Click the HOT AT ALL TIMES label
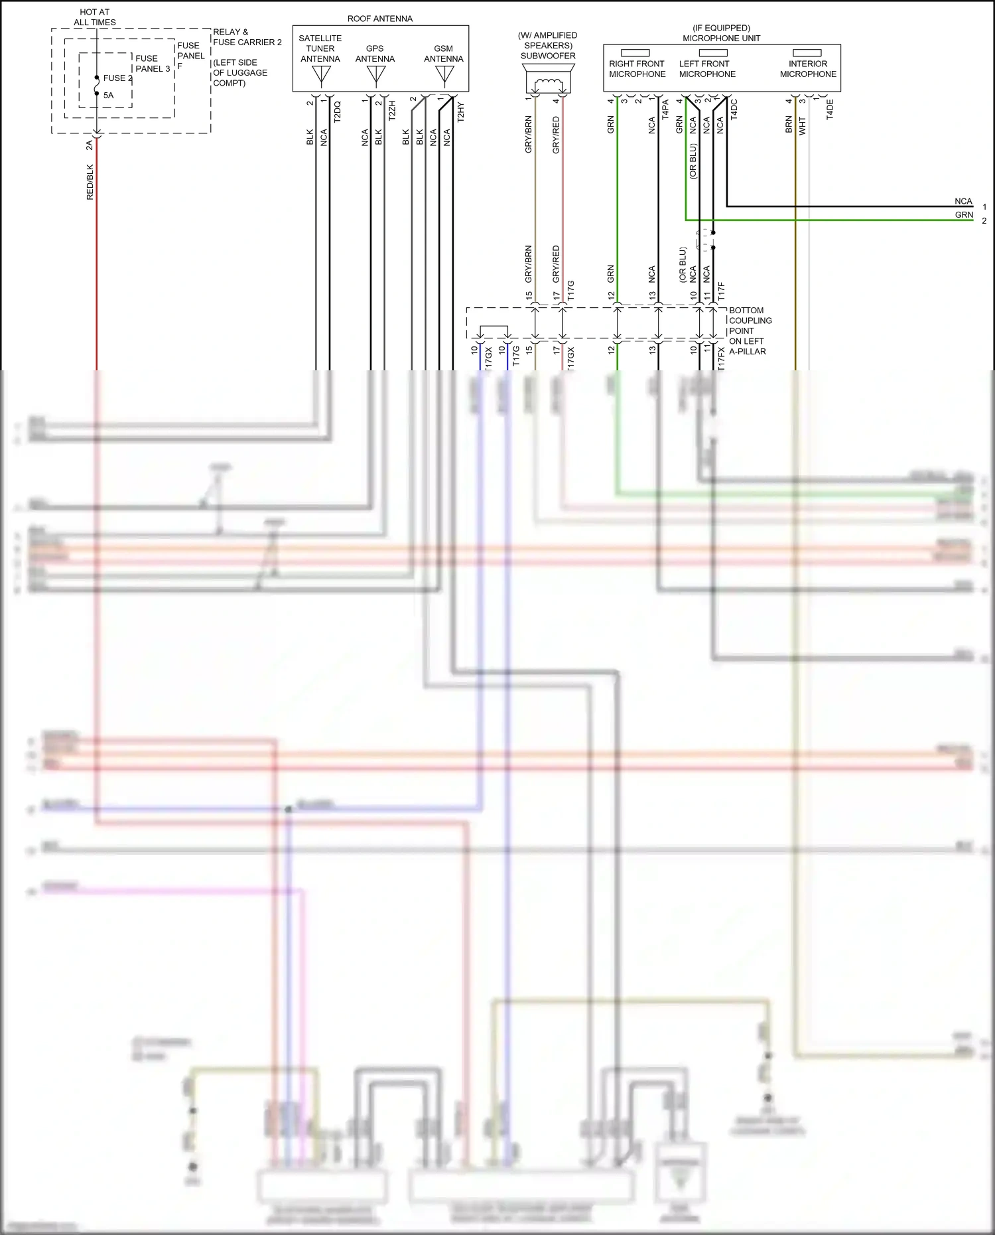[94, 17]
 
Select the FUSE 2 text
[117, 78]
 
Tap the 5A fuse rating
[108, 95]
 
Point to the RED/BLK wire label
[90, 182]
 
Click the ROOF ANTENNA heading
[379, 19]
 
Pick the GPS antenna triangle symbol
[375, 76]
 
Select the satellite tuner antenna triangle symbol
[321, 76]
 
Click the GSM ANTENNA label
[443, 54]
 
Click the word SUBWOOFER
[548, 56]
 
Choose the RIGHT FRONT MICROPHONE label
[637, 69]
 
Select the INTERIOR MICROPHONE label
[807, 69]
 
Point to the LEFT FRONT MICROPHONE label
[706, 69]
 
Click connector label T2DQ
[337, 111]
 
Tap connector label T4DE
[830, 109]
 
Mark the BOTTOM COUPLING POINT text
[750, 321]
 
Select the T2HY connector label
[460, 111]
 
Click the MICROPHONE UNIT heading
[721, 38]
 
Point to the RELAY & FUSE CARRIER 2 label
[247, 37]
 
